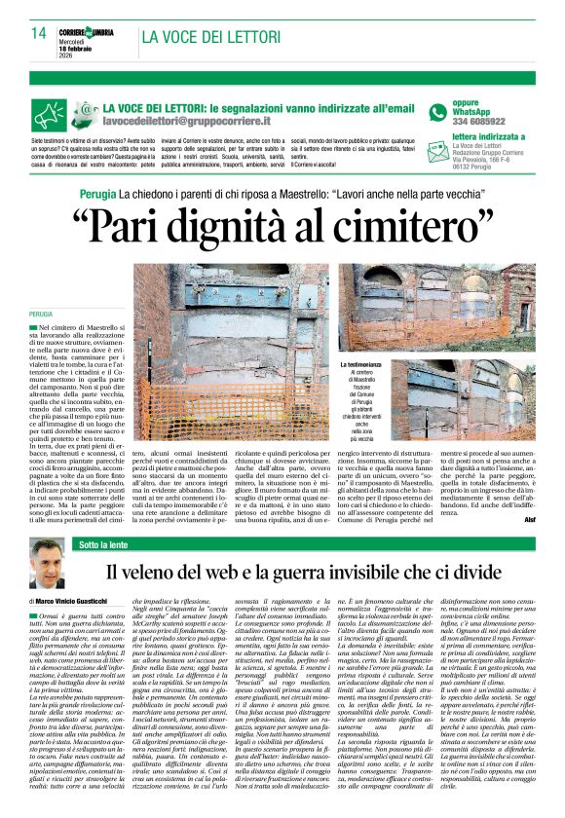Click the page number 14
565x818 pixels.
point(38,33)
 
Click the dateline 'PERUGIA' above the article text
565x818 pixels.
point(41,315)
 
